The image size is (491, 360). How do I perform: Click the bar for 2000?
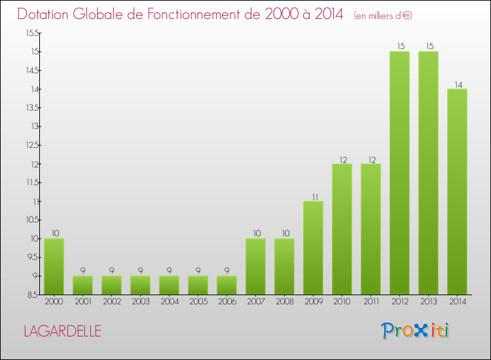(x=54, y=266)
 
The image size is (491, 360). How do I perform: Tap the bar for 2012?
(x=399, y=173)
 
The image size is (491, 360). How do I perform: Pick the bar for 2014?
(x=457, y=191)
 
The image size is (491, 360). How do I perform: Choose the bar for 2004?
(x=169, y=285)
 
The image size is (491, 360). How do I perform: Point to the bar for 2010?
(x=342, y=229)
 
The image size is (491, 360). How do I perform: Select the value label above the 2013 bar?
(x=428, y=46)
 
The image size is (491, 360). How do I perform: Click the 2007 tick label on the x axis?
(x=255, y=302)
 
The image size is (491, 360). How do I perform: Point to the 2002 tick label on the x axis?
(x=111, y=302)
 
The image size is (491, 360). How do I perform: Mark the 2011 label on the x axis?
(x=371, y=302)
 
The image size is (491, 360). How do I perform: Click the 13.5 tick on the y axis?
(x=33, y=126)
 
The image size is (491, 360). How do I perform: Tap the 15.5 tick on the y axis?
(x=33, y=33)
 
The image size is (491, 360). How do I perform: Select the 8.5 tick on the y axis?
(x=33, y=295)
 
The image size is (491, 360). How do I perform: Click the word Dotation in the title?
(x=45, y=14)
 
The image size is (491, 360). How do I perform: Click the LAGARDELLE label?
(x=62, y=331)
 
